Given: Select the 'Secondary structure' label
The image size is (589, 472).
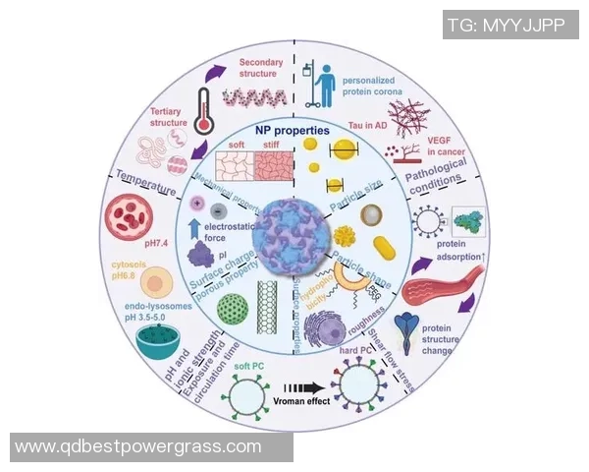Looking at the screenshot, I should click(x=261, y=69).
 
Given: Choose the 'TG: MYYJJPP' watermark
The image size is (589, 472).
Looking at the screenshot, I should click(x=506, y=24).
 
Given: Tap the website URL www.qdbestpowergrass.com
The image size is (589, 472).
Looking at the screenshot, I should click(x=138, y=446).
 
